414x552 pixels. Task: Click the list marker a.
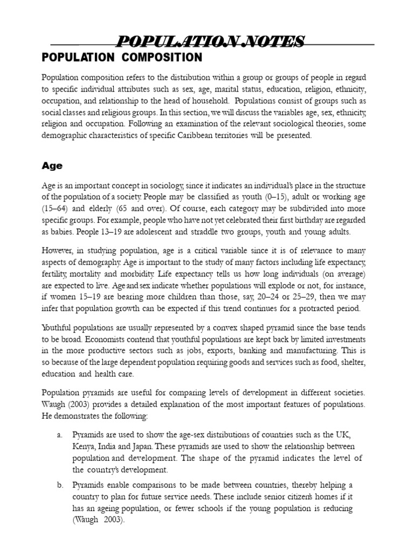60,434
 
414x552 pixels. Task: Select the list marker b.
60,485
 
